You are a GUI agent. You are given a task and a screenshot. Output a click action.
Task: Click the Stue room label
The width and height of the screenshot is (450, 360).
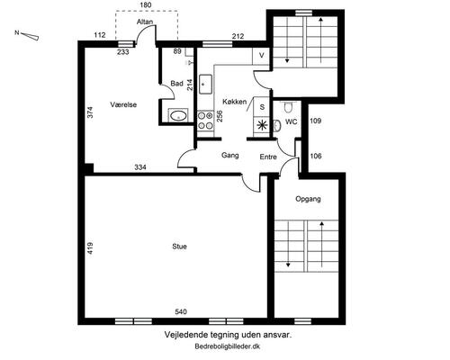179,247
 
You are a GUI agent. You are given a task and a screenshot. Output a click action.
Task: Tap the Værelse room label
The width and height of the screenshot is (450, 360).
123,104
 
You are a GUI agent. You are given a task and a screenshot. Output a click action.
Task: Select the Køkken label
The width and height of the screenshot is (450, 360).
235,102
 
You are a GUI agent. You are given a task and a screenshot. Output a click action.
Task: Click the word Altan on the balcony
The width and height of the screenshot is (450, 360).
145,22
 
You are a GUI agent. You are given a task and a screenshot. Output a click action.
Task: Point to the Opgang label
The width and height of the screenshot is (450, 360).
308,199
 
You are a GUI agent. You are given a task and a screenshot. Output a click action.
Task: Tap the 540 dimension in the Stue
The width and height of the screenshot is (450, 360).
181,312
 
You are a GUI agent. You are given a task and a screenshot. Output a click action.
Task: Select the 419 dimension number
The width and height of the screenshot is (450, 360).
90,248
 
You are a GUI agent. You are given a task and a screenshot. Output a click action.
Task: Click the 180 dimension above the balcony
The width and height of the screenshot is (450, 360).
146,4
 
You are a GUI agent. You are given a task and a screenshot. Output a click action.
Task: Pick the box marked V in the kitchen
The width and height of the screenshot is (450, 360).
262,56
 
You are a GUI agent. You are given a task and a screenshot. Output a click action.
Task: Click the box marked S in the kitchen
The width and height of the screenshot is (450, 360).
262,107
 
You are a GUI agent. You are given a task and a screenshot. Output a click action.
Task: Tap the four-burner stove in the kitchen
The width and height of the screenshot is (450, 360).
205,121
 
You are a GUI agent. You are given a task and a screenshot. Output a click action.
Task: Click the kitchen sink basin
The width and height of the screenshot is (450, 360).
205,85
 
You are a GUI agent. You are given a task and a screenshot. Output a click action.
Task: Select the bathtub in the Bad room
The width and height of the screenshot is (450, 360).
178,115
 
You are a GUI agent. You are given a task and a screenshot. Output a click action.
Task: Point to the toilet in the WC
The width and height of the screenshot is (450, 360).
288,107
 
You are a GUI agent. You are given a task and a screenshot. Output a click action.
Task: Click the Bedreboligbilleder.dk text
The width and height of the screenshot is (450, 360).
228,346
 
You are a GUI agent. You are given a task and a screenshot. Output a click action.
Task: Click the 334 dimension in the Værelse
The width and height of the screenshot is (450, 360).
140,167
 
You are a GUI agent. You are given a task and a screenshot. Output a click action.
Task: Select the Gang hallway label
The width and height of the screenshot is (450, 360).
230,156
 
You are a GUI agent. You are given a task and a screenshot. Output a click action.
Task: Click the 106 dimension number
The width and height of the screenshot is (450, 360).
315,156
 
